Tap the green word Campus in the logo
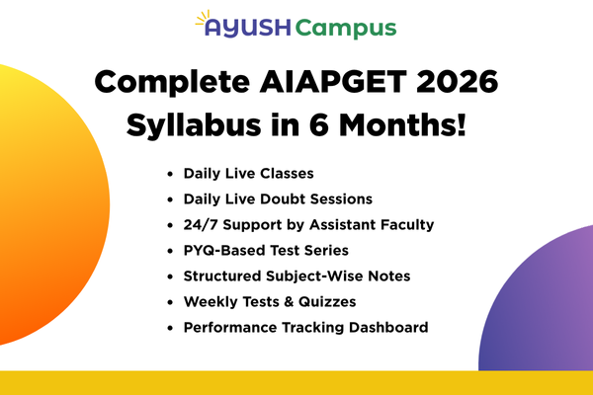(346, 29)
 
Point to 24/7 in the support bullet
(202, 224)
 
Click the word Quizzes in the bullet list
(326, 301)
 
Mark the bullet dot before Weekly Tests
(171, 301)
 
